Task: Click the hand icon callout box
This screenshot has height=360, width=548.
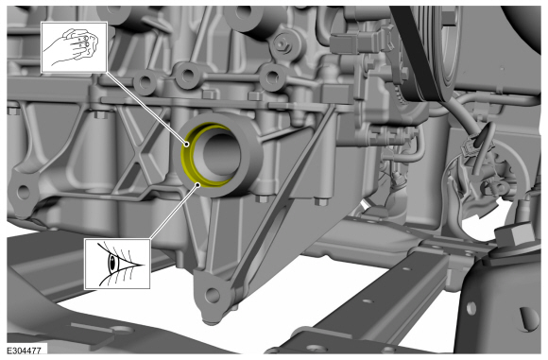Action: click(74, 47)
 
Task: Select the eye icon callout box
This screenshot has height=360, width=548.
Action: click(117, 264)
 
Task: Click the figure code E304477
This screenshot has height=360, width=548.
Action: click(25, 351)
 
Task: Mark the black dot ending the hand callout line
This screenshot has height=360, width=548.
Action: click(187, 144)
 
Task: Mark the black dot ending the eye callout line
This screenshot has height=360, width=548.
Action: click(197, 184)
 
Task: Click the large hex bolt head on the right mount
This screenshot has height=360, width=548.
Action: click(514, 233)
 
